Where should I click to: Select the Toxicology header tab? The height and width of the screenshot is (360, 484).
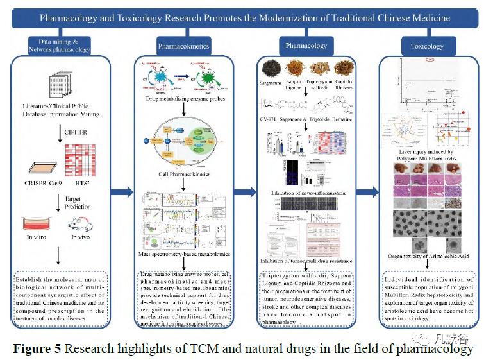[x=426, y=46]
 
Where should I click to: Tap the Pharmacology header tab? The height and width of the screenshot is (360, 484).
[x=306, y=46]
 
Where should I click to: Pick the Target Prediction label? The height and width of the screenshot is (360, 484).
[x=78, y=203]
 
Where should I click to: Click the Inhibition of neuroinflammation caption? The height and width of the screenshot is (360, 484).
[x=308, y=193]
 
